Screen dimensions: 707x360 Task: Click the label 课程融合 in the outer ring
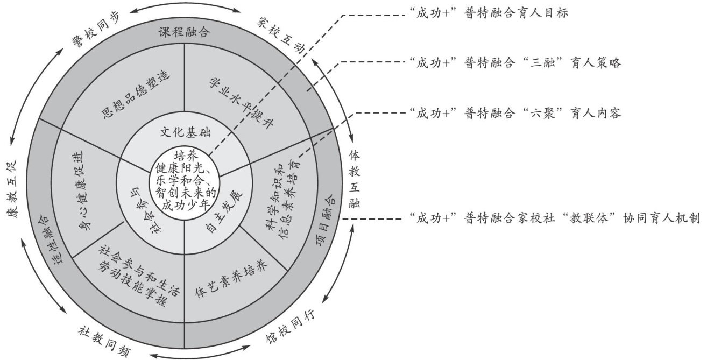click(184, 32)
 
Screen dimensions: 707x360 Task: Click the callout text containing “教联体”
click(554, 218)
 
